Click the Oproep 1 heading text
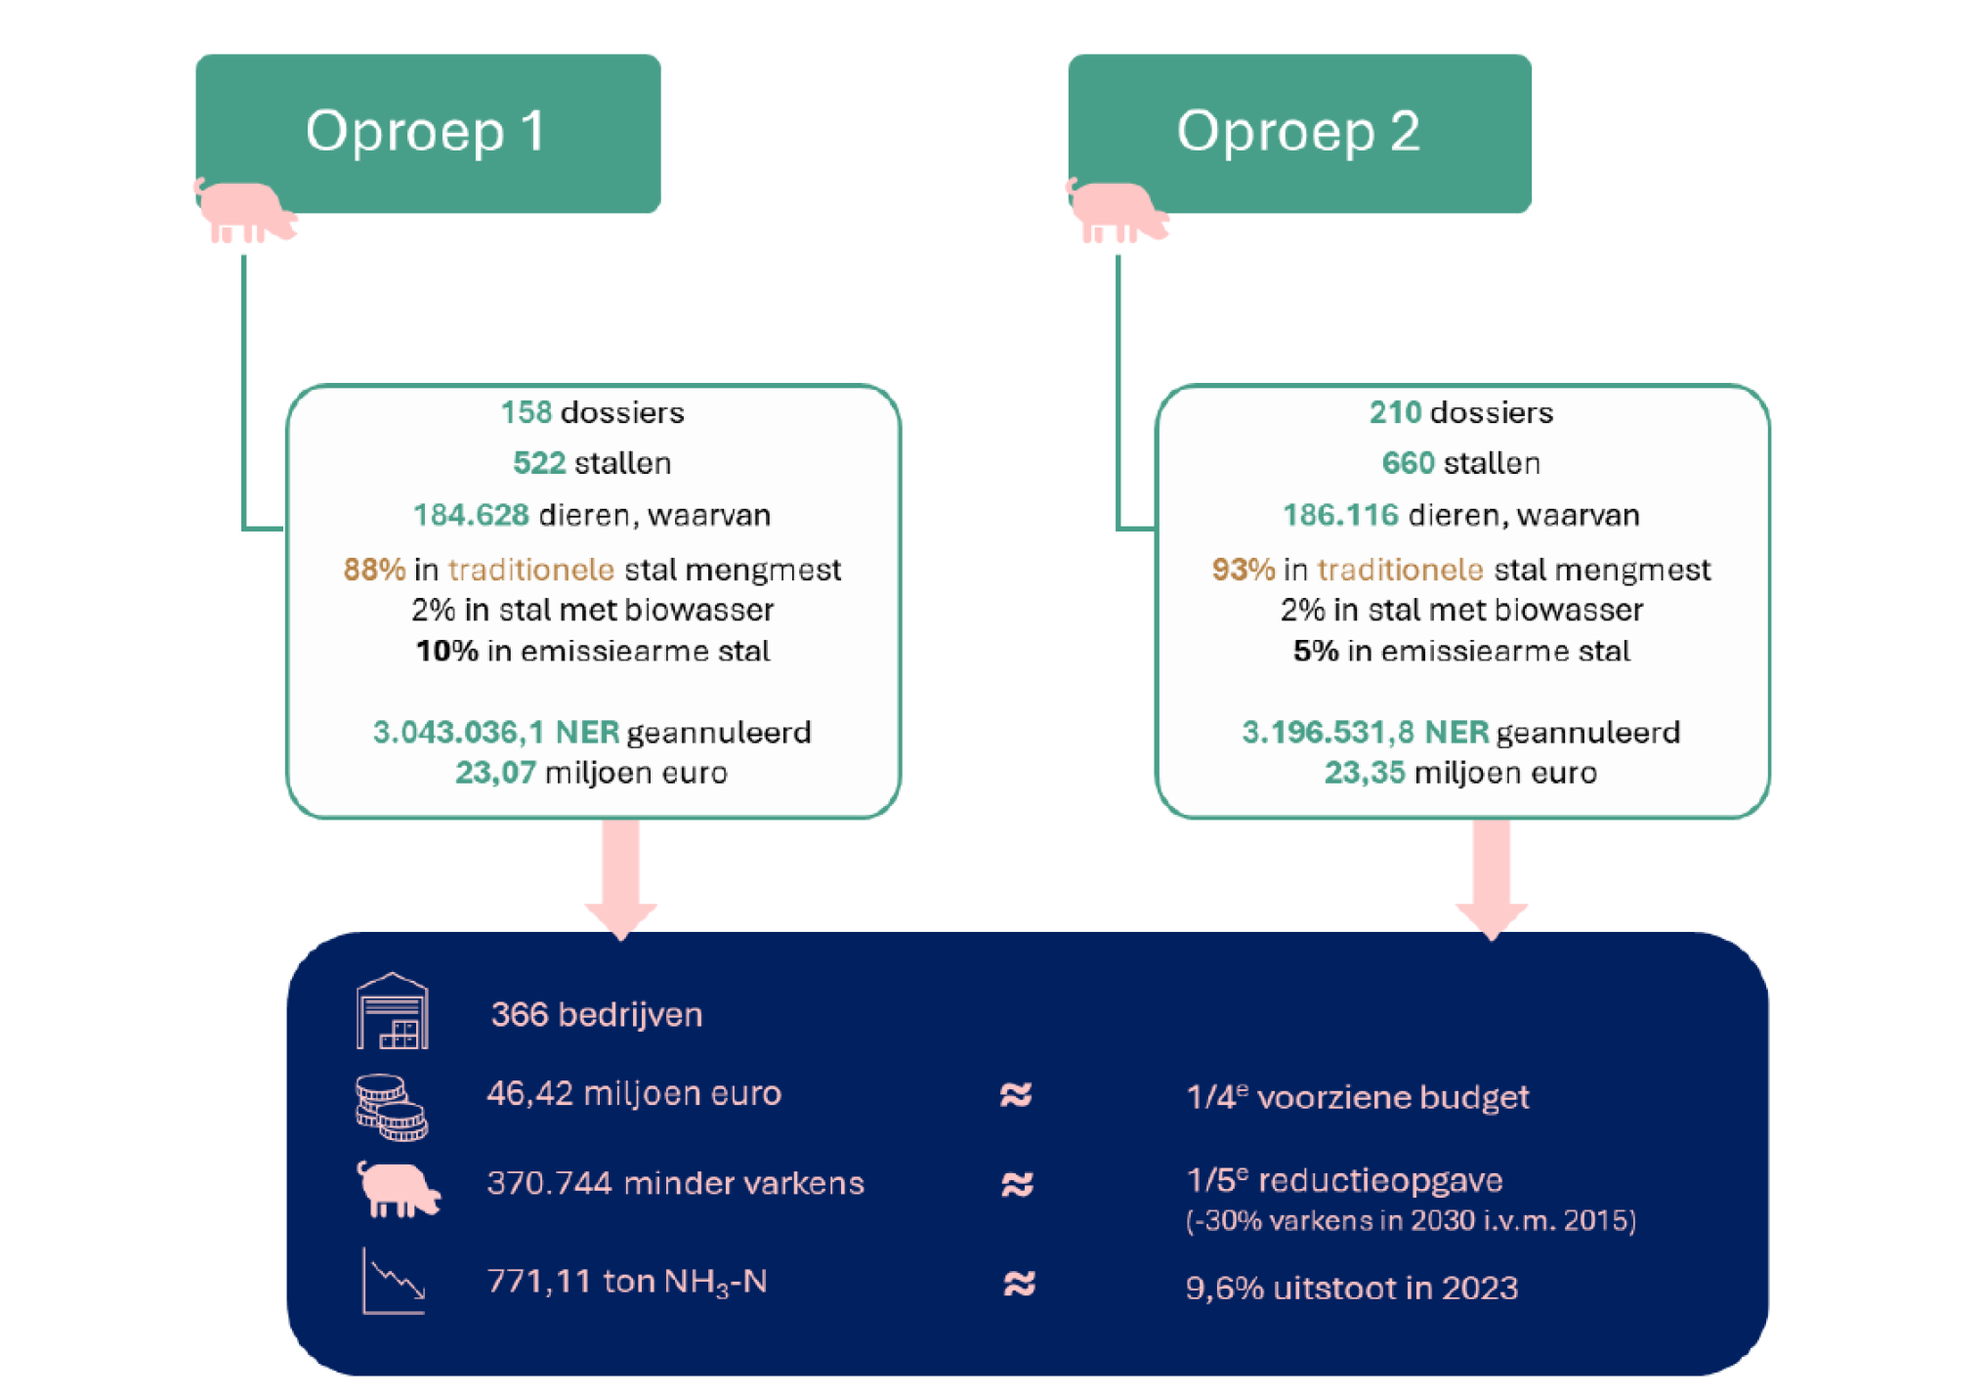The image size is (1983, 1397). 425,131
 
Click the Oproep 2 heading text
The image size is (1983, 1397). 1297,131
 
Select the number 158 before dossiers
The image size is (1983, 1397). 526,412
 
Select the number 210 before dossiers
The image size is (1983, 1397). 1394,412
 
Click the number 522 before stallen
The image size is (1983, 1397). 538,463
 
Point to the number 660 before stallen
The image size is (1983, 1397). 1408,463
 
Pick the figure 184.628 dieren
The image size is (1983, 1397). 471,515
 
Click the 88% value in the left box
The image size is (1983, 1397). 373,570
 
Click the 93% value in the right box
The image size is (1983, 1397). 1243,570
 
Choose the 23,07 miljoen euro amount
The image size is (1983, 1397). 495,773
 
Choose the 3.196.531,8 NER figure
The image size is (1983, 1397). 1364,732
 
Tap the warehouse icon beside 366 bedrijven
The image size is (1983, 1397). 392,1012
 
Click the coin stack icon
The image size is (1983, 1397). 391,1107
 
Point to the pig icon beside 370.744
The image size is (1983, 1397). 398,1189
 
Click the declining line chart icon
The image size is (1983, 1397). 394,1281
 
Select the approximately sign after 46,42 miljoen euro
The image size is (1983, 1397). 1016,1095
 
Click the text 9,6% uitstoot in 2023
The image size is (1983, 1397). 1351,1288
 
